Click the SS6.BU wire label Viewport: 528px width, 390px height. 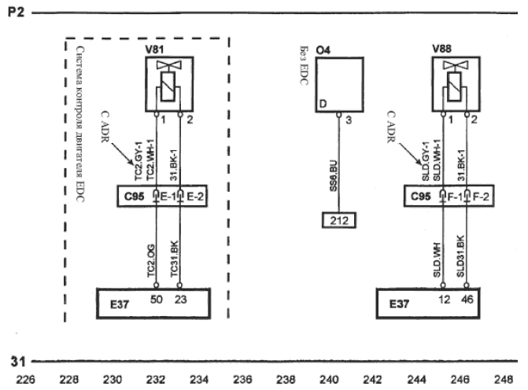(x=334, y=178)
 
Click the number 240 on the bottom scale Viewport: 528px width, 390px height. (x=330, y=379)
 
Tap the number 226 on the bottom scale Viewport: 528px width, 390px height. (x=25, y=379)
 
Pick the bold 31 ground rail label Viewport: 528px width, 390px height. (x=17, y=362)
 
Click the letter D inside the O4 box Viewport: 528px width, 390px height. (x=321, y=104)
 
